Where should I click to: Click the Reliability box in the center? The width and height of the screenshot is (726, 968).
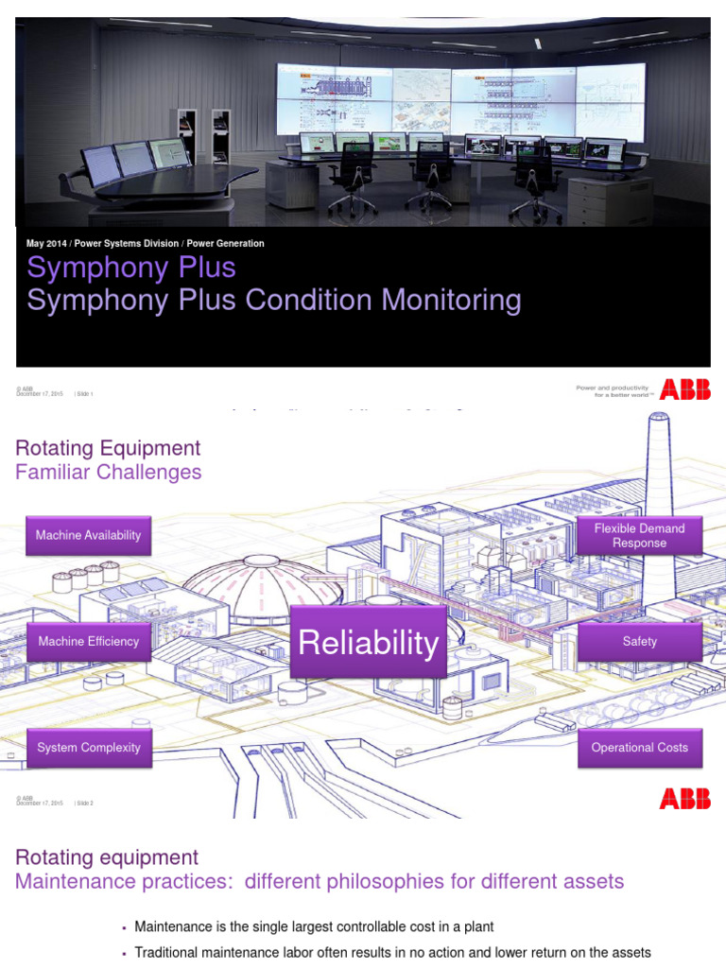368,643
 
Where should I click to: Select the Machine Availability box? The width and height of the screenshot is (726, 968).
88,535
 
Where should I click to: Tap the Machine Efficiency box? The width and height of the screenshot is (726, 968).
88,641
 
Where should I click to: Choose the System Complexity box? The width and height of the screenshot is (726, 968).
88,748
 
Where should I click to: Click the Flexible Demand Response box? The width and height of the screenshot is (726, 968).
639,535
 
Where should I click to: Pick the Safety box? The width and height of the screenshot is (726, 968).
639,641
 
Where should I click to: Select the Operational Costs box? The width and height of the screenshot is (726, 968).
639,748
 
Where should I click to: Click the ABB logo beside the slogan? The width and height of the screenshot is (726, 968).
685,389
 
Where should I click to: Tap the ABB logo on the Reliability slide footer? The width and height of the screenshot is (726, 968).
685,800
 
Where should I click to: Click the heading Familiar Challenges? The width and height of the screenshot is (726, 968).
108,472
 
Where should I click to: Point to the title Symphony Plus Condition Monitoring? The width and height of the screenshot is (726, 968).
274,301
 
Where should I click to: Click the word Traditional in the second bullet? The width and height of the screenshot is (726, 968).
167,953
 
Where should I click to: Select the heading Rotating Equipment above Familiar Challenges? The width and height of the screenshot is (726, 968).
108,448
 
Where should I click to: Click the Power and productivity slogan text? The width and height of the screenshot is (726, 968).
613,390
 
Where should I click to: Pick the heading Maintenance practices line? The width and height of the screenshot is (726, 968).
320,882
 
